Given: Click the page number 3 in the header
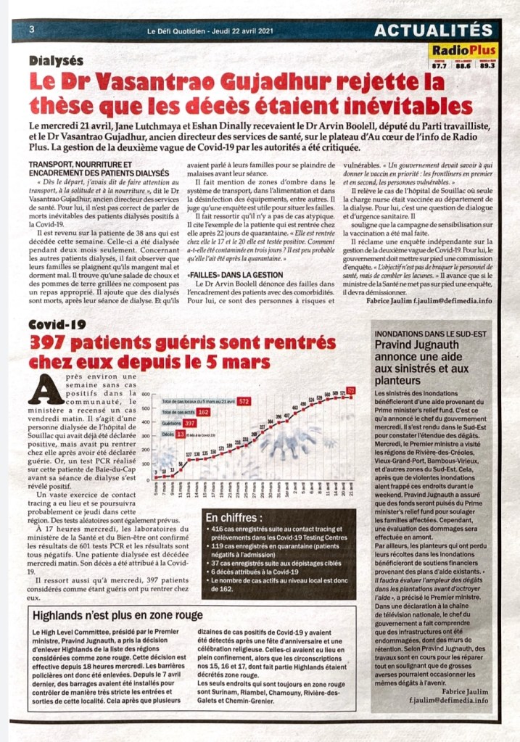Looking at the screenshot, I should point(32,30).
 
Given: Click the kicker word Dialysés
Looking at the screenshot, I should point(57,61).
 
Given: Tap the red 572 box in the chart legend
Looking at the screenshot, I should point(244,400).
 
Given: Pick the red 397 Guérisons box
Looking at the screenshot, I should point(190,423).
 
